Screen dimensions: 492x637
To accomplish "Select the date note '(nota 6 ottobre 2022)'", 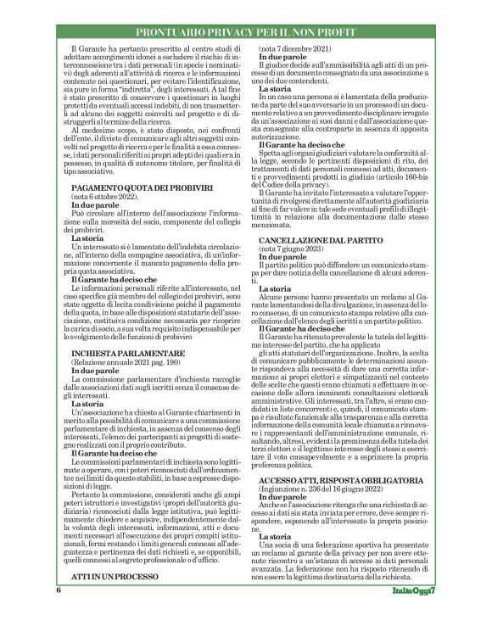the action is (x=106, y=196).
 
